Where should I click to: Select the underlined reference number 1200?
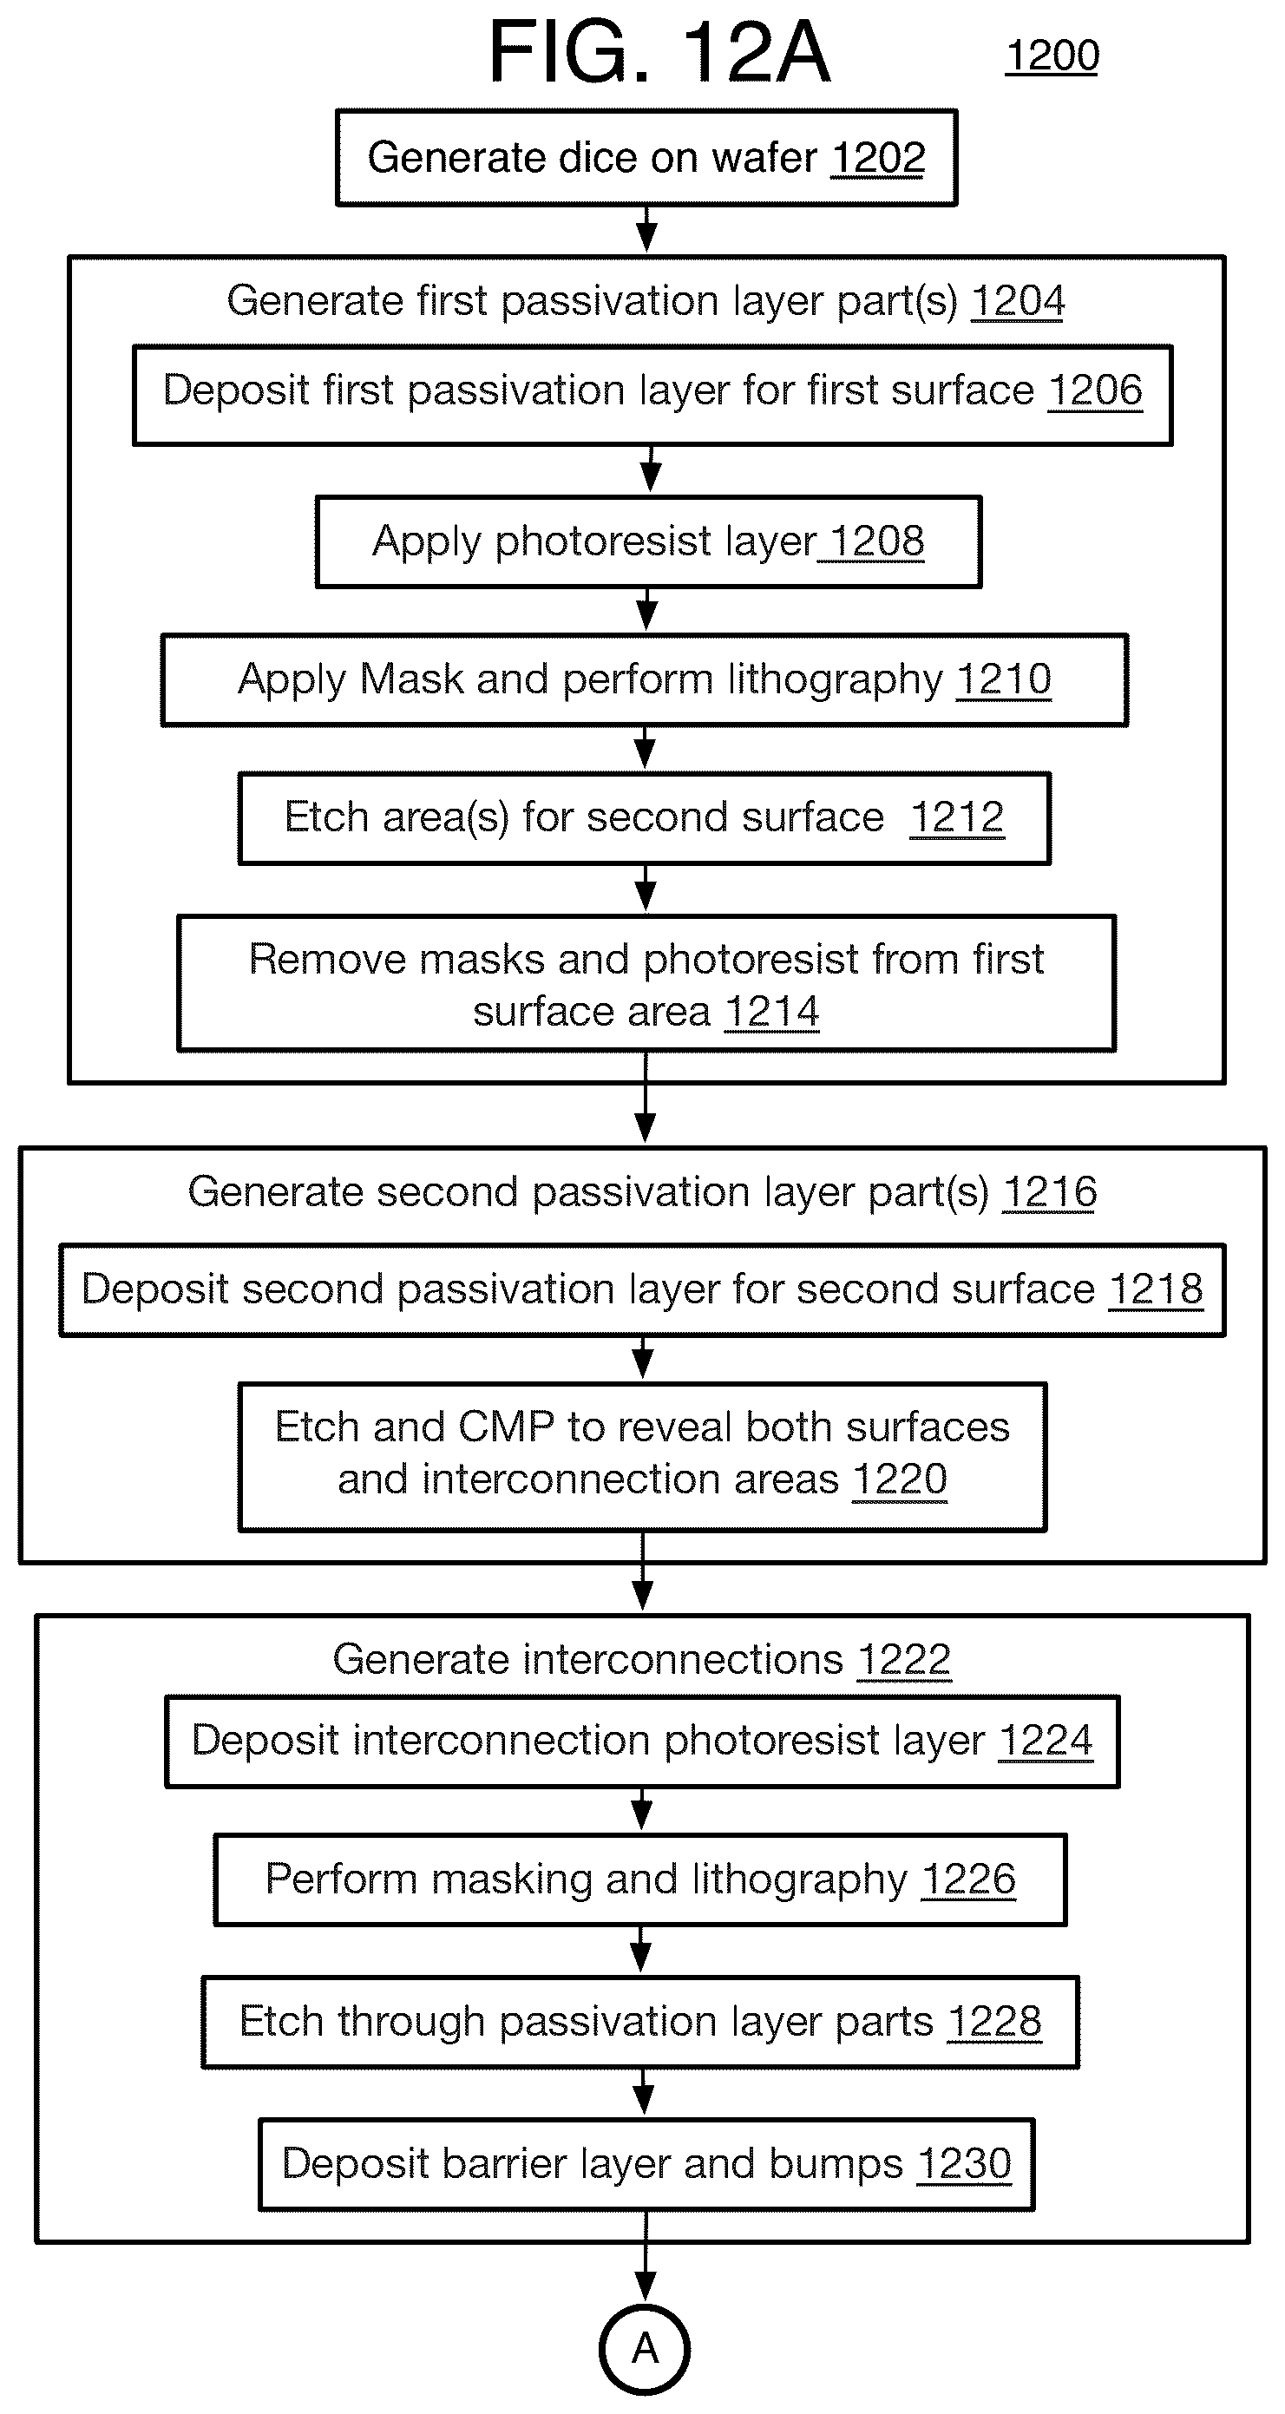[1052, 56]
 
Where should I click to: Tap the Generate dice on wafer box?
[646, 157]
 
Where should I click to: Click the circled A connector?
[645, 2348]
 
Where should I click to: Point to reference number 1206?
[1095, 390]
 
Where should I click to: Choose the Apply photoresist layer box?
[649, 541]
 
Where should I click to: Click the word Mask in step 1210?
[411, 679]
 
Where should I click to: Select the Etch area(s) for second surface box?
[645, 818]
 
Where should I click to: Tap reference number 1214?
[772, 1012]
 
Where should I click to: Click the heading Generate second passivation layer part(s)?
[588, 1192]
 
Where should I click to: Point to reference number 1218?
[1156, 1289]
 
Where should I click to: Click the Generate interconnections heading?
[587, 1660]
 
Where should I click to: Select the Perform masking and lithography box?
[640, 1879]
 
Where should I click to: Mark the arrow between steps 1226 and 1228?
[641, 1950]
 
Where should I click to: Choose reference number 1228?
[994, 2023]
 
